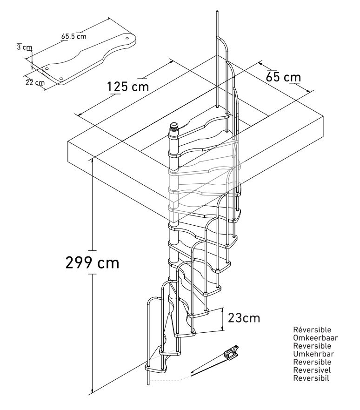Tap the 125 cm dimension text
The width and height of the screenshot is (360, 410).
pos(128,87)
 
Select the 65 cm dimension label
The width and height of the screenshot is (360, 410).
pos(283,77)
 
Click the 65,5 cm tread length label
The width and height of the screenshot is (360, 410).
pos(73,35)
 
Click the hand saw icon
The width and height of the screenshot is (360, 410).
pos(215,362)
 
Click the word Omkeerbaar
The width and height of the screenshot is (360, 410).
pos(315,338)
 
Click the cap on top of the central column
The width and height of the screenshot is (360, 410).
pos(173,126)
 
